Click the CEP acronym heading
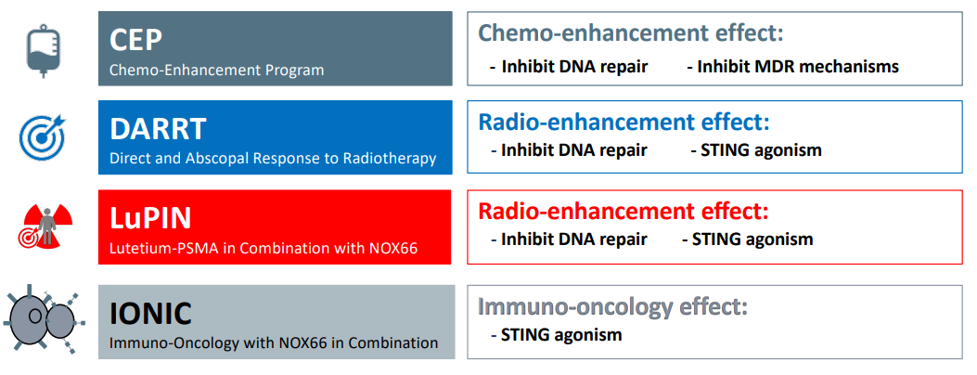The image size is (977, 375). [135, 41]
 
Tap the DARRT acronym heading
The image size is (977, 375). [158, 130]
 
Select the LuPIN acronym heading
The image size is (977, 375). [150, 219]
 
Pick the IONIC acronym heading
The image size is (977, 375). [150, 314]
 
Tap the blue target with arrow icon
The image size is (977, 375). [42, 136]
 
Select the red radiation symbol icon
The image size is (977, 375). [45, 226]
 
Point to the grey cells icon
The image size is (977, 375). [44, 319]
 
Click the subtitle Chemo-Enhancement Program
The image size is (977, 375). [217, 70]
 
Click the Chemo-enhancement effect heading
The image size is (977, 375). [631, 32]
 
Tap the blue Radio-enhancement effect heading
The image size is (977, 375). [624, 122]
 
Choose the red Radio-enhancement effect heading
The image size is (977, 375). [623, 212]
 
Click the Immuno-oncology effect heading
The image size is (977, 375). [612, 306]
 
